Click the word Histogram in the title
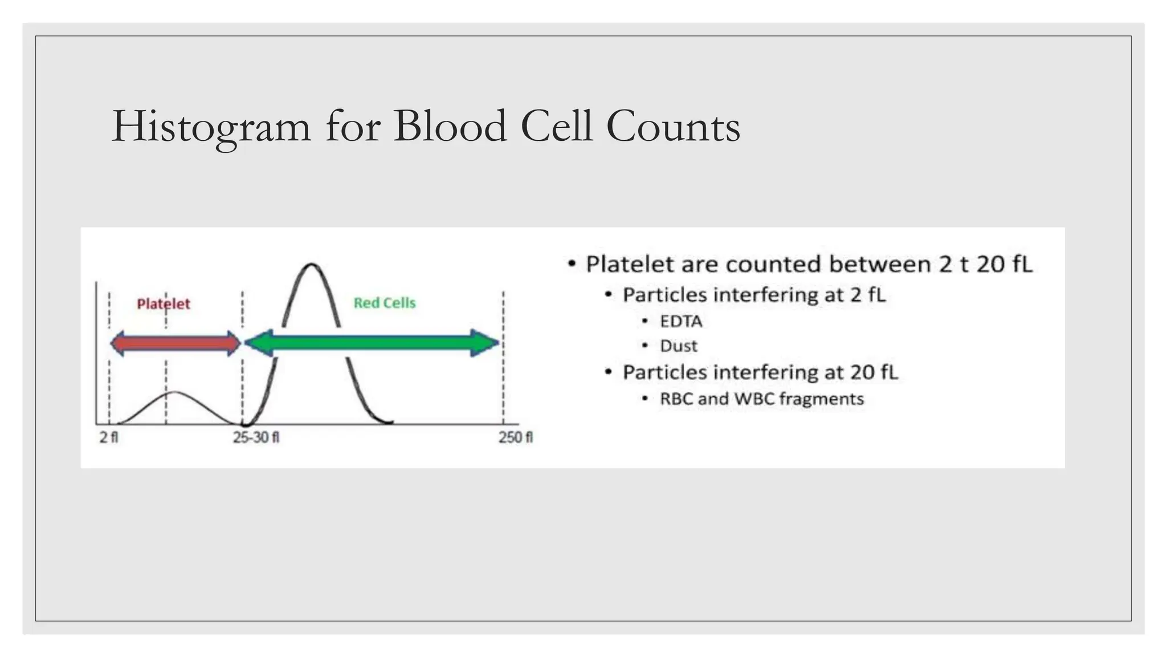tap(211, 127)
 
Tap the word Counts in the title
tap(673, 127)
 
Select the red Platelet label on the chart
tap(163, 304)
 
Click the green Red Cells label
tap(385, 303)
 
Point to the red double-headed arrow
tap(176, 343)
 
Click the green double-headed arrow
tap(372, 343)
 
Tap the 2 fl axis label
tap(109, 437)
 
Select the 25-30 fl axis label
tap(256, 437)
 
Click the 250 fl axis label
tap(515, 437)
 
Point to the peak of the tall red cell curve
tap(311, 265)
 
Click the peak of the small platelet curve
tap(176, 392)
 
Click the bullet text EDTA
tap(681, 322)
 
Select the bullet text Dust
tap(678, 346)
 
